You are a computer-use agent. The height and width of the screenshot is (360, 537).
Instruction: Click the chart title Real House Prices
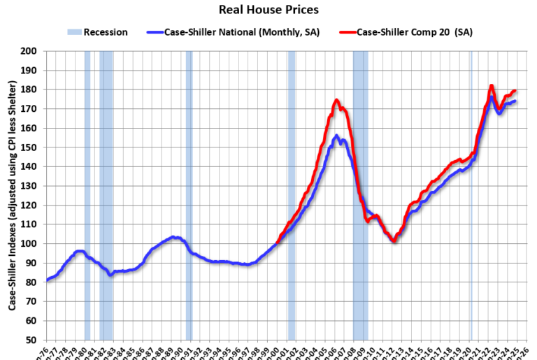[268, 10]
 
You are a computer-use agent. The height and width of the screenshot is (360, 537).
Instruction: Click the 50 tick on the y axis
[31, 340]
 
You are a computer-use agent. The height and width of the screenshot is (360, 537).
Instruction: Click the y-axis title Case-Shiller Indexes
[13, 196]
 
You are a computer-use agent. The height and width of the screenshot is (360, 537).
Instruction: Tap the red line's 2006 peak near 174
[336, 101]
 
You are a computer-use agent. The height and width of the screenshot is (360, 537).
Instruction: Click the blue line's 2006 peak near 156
[336, 136]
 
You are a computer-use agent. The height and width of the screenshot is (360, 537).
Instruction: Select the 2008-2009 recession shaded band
[360, 196]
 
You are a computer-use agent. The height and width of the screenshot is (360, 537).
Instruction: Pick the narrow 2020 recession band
[471, 196]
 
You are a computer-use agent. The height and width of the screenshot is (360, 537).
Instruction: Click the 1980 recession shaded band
[87, 196]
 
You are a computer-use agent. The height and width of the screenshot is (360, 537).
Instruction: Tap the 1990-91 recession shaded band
[189, 196]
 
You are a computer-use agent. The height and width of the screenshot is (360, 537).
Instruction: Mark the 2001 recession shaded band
[292, 196]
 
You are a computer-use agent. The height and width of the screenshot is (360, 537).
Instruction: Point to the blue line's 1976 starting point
[47, 280]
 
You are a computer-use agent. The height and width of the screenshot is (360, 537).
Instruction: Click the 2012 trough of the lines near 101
[394, 241]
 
